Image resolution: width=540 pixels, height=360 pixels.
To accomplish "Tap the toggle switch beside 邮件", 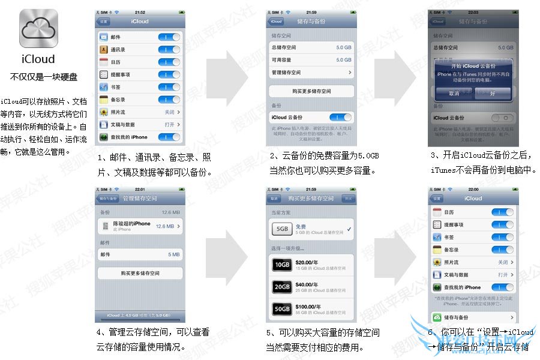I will tap(169, 37).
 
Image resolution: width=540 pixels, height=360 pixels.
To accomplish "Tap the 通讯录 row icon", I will tap(104, 50).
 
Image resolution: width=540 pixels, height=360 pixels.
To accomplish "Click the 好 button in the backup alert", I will tap(493, 94).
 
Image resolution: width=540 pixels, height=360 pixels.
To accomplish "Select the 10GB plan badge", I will tap(282, 265).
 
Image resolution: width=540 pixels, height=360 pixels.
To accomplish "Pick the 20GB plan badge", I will tap(282, 287).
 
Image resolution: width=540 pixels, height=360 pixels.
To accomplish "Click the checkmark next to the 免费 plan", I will tap(349, 229).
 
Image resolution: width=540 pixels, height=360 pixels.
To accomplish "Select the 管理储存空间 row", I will tap(310, 73).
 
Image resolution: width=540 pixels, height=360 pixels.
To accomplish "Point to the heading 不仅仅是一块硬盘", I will tap(44, 77).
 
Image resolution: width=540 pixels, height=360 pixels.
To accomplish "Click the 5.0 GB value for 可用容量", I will tap(343, 60).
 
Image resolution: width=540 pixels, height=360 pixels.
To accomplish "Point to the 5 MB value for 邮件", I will tap(173, 254).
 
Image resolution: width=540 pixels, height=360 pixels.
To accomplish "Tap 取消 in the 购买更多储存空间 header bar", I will tap(274, 199).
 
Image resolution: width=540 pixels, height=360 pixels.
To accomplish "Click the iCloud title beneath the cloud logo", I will tap(38, 59).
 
